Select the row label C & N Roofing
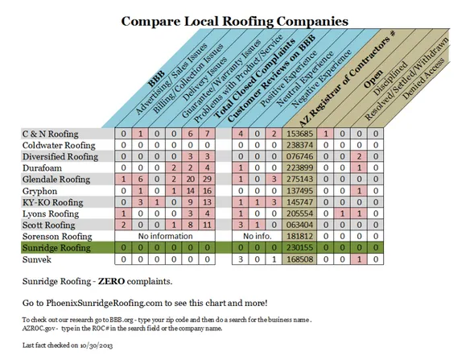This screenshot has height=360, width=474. (50, 133)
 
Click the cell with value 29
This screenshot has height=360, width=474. (208, 180)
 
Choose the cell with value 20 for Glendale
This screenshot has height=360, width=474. (191, 180)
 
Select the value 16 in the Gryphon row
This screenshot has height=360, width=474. (208, 192)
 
